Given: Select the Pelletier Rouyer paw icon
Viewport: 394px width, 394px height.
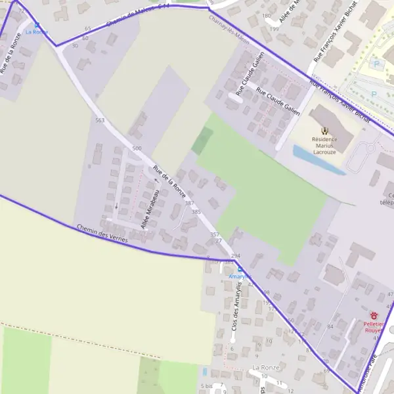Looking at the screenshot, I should coord(374,316).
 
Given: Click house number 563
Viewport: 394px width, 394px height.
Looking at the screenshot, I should coord(100,120).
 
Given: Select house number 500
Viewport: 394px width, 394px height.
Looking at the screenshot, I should coord(137,149).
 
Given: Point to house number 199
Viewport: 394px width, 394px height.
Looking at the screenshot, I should coord(274,30).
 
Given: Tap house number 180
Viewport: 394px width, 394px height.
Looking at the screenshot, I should coord(266,15).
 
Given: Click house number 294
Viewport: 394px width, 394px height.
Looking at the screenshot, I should coord(236,255).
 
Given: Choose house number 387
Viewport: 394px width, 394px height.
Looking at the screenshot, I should coord(189,204).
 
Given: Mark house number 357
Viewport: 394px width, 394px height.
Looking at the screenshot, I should coord(214,234).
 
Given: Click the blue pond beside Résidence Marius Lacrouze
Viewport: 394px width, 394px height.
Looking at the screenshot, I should coord(318,160).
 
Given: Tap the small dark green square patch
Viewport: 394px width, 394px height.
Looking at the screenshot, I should coord(202,141).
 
